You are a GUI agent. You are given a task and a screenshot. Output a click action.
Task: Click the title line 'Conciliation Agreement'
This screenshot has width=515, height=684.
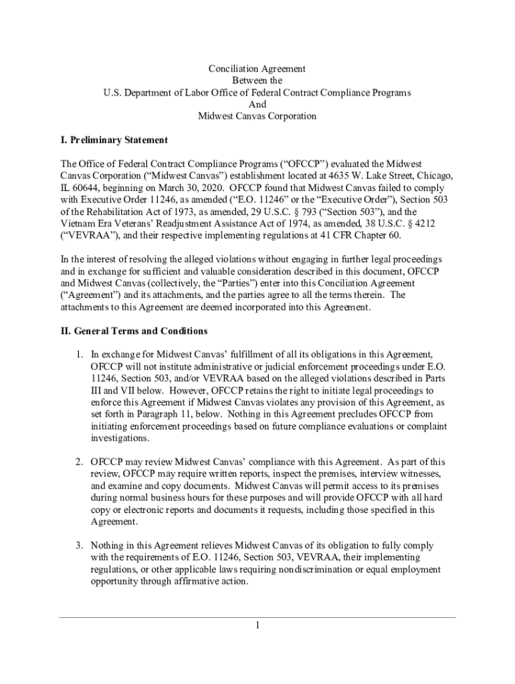pos(257,69)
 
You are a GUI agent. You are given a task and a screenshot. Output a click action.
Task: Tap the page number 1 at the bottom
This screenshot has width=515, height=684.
pos(257,626)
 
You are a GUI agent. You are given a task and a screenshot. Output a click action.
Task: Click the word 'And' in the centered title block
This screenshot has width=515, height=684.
pos(257,105)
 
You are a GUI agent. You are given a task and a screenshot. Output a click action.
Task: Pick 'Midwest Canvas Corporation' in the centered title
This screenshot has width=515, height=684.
pos(257,117)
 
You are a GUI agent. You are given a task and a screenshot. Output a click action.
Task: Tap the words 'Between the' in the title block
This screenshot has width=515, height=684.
pos(257,81)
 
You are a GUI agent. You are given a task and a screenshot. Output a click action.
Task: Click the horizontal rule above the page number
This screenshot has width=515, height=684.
pos(257,617)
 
